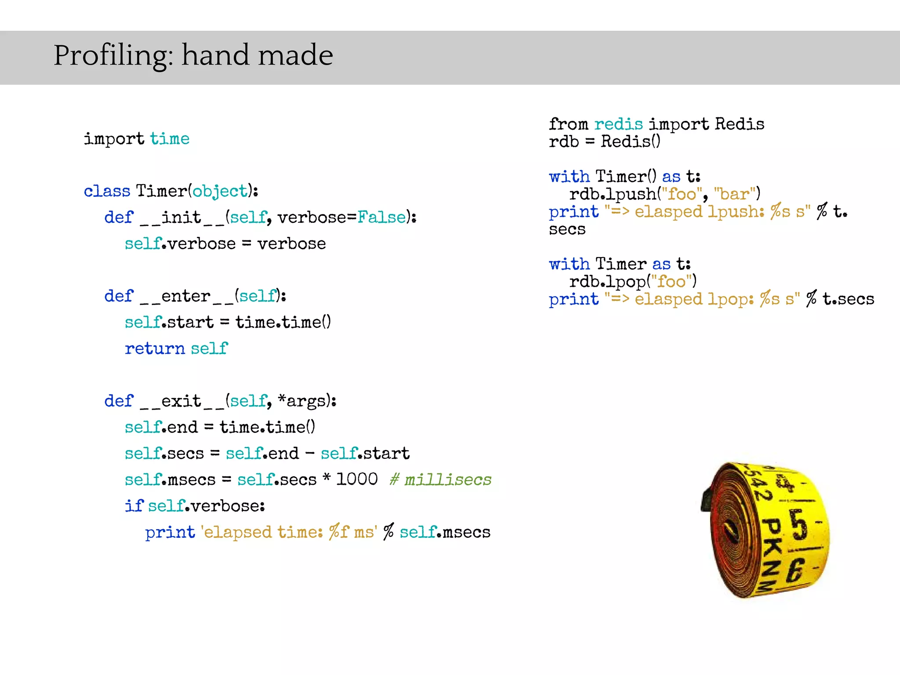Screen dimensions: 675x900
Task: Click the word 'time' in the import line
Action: point(170,139)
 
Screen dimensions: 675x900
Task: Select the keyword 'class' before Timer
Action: point(107,191)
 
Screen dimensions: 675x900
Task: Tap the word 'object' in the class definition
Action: point(220,191)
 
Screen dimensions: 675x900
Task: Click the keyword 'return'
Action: point(155,348)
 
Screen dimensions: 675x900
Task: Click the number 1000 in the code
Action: point(357,479)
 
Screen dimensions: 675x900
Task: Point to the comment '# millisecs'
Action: point(440,479)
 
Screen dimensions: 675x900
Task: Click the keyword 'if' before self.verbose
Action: point(134,506)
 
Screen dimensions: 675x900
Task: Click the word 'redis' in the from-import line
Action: point(618,124)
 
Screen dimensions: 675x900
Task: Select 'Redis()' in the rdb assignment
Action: point(630,142)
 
